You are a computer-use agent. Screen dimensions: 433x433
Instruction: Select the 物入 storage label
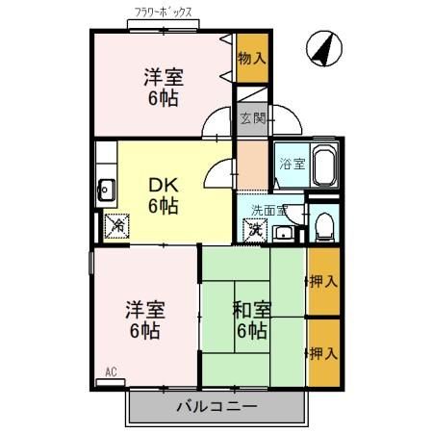251,58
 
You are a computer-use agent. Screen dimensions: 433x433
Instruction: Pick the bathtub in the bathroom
322,166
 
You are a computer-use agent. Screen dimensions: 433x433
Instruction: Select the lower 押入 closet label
323,352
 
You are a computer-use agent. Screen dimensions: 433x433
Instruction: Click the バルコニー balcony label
216,407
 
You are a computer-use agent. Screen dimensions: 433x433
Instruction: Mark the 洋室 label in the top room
163,77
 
